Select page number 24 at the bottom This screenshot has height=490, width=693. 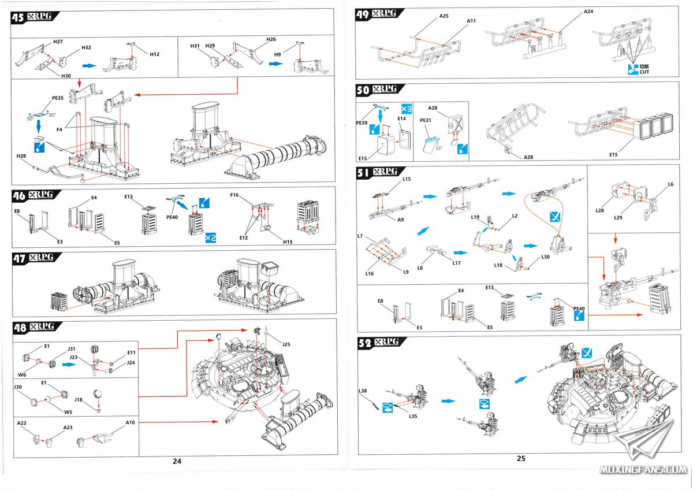[x=177, y=461]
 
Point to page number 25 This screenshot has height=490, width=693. [x=521, y=458]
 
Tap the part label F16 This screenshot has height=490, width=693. [x=234, y=195]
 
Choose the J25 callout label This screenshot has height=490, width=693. [x=286, y=344]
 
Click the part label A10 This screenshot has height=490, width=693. [x=131, y=423]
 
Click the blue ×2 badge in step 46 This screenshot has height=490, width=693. [x=210, y=237]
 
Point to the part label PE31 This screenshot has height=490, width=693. [x=426, y=120]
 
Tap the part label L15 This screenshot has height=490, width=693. [x=407, y=180]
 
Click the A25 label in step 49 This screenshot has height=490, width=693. [x=444, y=16]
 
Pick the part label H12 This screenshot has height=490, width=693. [x=154, y=54]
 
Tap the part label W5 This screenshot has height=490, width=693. [x=68, y=412]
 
